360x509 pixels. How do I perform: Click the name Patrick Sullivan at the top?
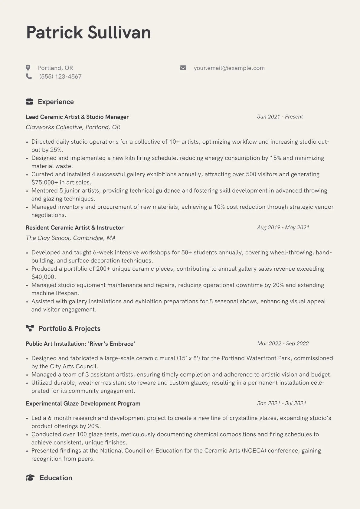click(88, 32)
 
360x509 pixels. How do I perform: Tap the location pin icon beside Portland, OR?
click(28, 68)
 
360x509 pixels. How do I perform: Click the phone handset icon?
click(29, 77)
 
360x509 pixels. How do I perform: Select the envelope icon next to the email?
click(183, 68)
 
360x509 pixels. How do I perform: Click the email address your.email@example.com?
click(229, 68)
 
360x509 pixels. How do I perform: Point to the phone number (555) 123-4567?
click(60, 77)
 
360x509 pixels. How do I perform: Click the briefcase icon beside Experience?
click(29, 102)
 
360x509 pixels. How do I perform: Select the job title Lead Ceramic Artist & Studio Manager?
click(77, 117)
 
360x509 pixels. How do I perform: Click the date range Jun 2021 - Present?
click(280, 117)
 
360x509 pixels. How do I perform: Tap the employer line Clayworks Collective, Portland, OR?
click(73, 127)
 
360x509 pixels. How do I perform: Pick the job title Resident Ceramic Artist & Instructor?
click(74, 227)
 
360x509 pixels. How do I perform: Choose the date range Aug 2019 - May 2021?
click(283, 227)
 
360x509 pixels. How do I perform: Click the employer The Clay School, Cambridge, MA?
click(70, 238)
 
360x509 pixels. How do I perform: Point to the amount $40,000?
click(44, 277)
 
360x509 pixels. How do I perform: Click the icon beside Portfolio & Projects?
click(30, 328)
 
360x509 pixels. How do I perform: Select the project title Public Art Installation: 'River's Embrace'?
click(80, 344)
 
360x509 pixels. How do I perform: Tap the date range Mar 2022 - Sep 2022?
click(283, 344)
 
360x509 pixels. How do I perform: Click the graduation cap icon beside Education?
click(30, 478)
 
